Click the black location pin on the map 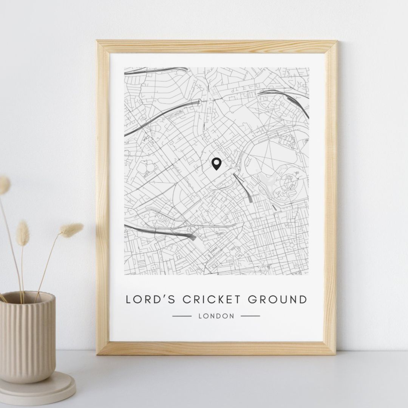click(x=216, y=164)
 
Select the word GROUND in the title click(x=277, y=300)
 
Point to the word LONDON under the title click(x=216, y=316)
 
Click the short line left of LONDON click(x=182, y=316)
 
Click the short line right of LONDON click(x=250, y=316)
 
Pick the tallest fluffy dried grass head click(x=4, y=185)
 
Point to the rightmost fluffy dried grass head click(x=71, y=230)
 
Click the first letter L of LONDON click(x=200, y=316)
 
